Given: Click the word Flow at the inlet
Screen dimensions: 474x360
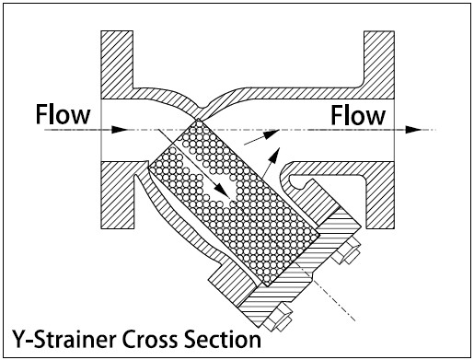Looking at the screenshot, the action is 63,114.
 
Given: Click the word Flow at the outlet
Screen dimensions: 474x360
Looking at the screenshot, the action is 358,115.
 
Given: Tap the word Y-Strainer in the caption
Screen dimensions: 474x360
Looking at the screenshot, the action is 65,339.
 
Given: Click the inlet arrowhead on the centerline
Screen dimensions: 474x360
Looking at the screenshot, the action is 119,130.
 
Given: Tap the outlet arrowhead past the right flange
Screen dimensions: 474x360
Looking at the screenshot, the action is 413,130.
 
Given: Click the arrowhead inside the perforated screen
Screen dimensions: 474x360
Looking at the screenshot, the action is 222,191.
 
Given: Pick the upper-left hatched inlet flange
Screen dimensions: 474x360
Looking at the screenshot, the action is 117,64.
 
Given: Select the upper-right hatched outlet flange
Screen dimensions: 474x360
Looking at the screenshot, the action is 379,64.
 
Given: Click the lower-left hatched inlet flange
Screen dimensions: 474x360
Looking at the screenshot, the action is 118,195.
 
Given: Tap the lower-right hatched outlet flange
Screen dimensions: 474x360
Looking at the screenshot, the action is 379,195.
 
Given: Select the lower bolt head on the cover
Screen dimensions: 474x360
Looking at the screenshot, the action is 279,318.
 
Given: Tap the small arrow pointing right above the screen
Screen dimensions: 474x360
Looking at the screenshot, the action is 261,137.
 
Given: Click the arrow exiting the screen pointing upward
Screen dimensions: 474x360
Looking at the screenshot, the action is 271,163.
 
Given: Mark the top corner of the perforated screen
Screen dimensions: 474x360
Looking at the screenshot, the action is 199,119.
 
